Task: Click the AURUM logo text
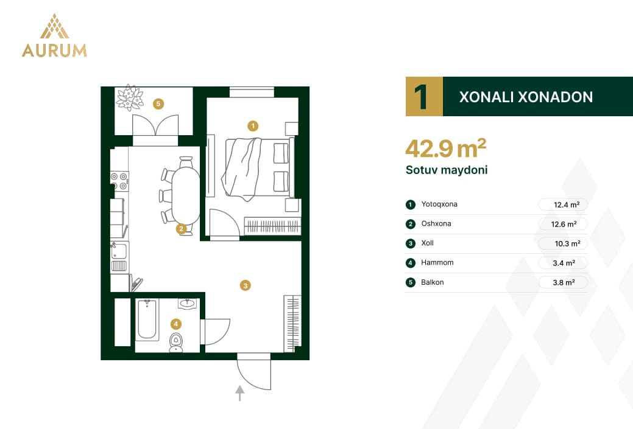click(54, 51)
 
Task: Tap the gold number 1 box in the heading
click(424, 96)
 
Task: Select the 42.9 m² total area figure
click(446, 148)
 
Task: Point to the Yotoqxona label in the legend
click(439, 204)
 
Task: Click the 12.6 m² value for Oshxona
click(564, 224)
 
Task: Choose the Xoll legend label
click(427, 243)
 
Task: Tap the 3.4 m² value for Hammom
click(564, 263)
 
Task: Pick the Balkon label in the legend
click(433, 282)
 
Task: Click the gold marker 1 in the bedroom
click(253, 126)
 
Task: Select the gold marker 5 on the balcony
click(158, 104)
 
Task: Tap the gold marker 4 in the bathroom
click(175, 324)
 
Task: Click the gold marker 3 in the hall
click(245, 285)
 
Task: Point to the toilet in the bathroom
click(175, 343)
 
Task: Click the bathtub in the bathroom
click(147, 319)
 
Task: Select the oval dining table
click(186, 195)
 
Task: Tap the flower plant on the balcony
click(129, 98)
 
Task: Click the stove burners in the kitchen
click(120, 181)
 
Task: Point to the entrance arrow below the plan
click(240, 393)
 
